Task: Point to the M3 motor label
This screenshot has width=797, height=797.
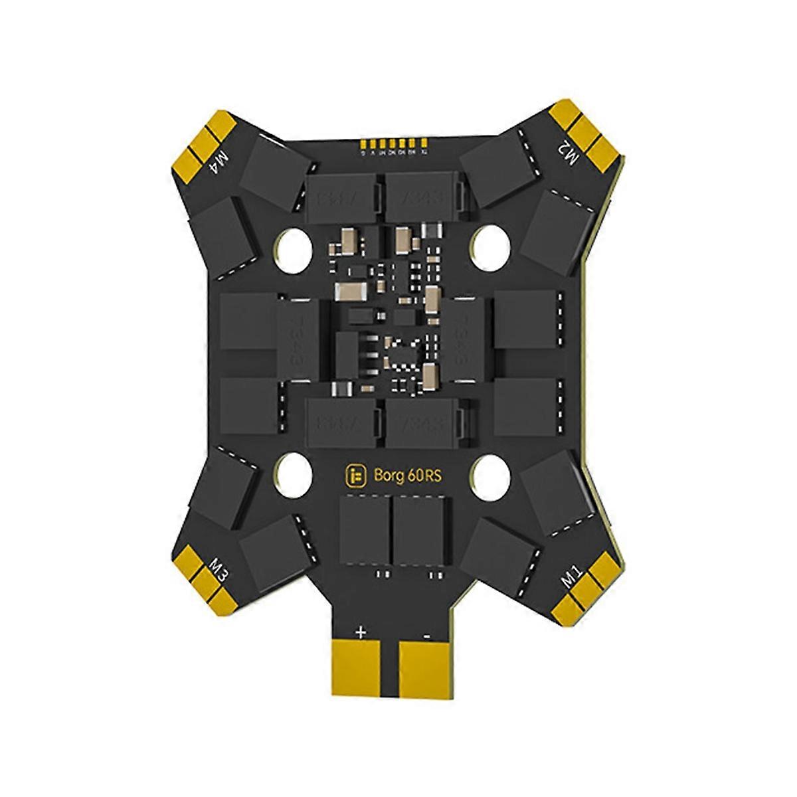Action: point(219,569)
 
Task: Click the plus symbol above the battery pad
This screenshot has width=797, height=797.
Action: point(361,633)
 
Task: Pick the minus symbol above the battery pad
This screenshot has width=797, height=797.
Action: point(428,635)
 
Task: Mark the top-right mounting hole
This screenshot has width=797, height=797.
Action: point(489,244)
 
